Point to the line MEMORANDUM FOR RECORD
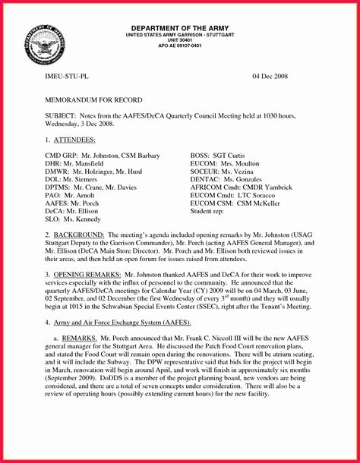click(x=88, y=99)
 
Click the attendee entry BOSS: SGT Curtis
click(x=221, y=155)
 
